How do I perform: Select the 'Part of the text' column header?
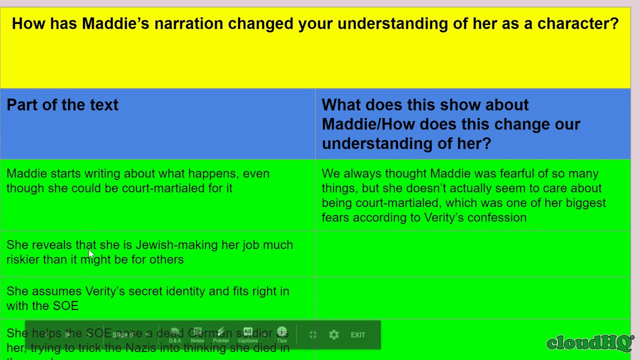click(62, 105)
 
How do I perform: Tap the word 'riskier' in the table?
click(23, 259)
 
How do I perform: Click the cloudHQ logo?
click(589, 342)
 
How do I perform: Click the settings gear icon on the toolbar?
click(334, 334)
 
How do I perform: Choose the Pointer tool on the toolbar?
click(221, 334)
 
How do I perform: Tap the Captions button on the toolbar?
click(247, 334)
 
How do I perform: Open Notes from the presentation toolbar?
click(197, 334)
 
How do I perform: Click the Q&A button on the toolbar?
click(174, 334)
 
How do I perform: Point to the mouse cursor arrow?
click(90, 254)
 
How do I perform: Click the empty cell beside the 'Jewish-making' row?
click(472, 253)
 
